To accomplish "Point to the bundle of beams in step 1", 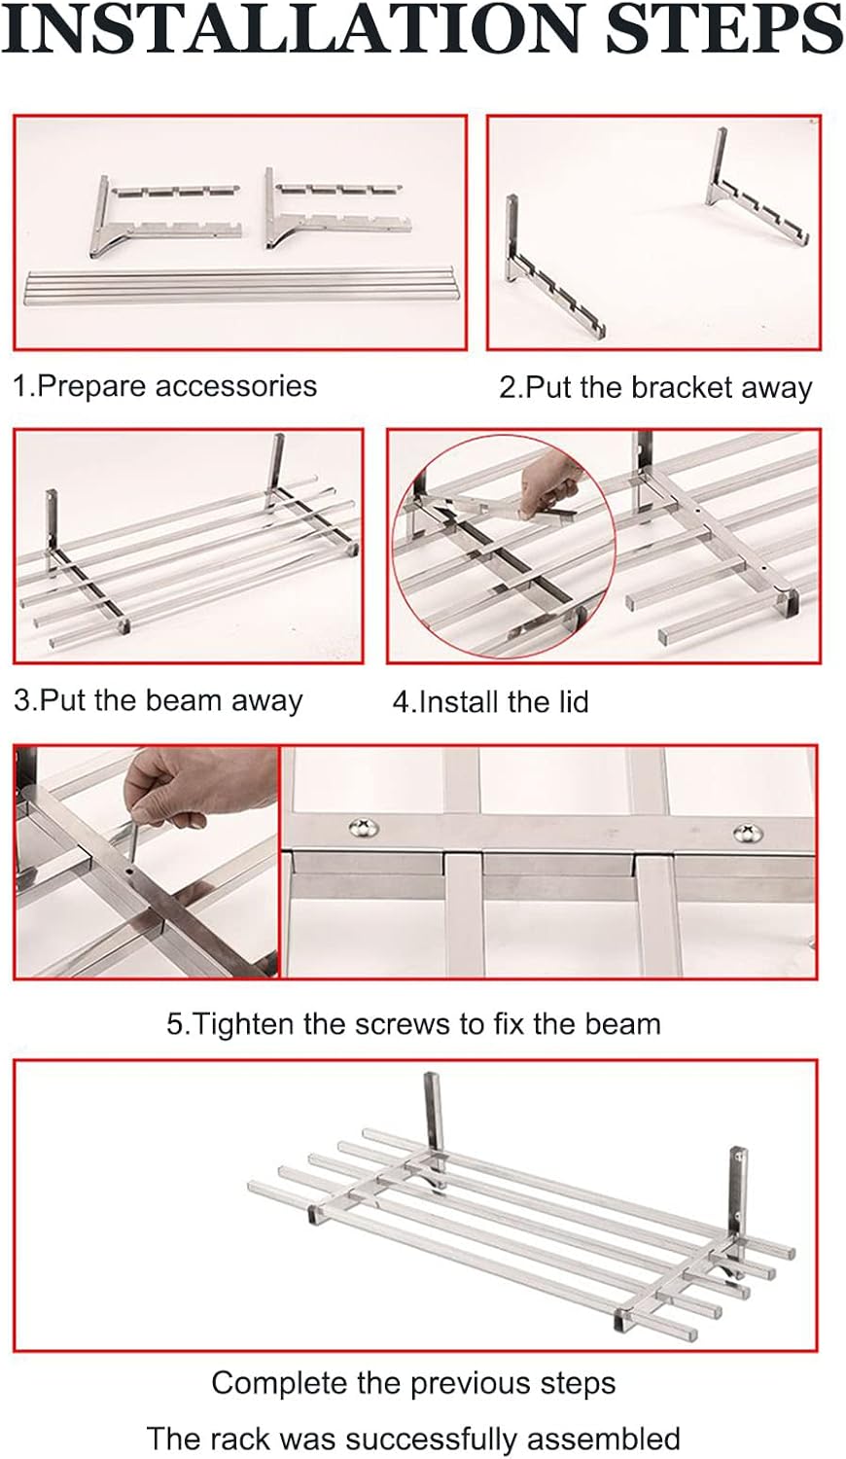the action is pos(239,284).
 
